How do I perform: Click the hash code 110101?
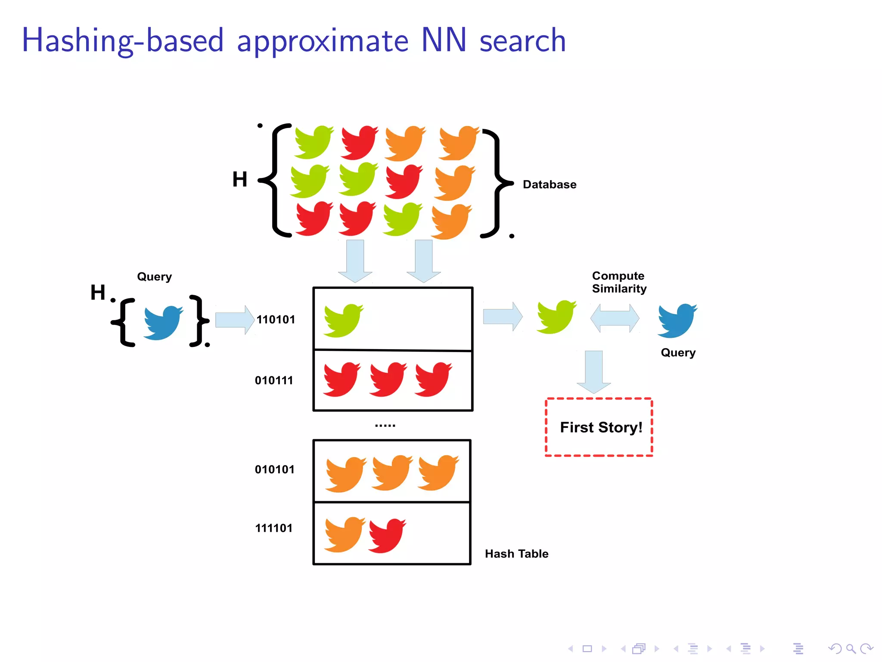tap(276, 319)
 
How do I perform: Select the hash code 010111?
tap(274, 380)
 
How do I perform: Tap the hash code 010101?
tap(275, 469)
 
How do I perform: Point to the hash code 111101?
tap(274, 528)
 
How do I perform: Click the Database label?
tap(549, 184)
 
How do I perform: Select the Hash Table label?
tap(516, 554)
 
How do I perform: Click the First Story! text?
tap(601, 427)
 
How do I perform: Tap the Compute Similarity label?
tap(619, 282)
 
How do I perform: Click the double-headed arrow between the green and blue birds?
tap(615, 318)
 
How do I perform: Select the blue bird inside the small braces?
tap(162, 322)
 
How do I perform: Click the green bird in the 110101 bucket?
tap(343, 320)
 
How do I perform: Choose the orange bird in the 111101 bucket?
tap(344, 534)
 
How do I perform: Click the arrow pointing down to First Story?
tap(594, 371)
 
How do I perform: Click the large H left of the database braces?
tap(239, 179)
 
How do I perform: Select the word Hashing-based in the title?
tap(123, 41)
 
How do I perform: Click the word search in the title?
tap(522, 41)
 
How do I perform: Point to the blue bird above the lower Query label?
tap(677, 320)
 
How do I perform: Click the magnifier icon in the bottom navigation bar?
tap(851, 648)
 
